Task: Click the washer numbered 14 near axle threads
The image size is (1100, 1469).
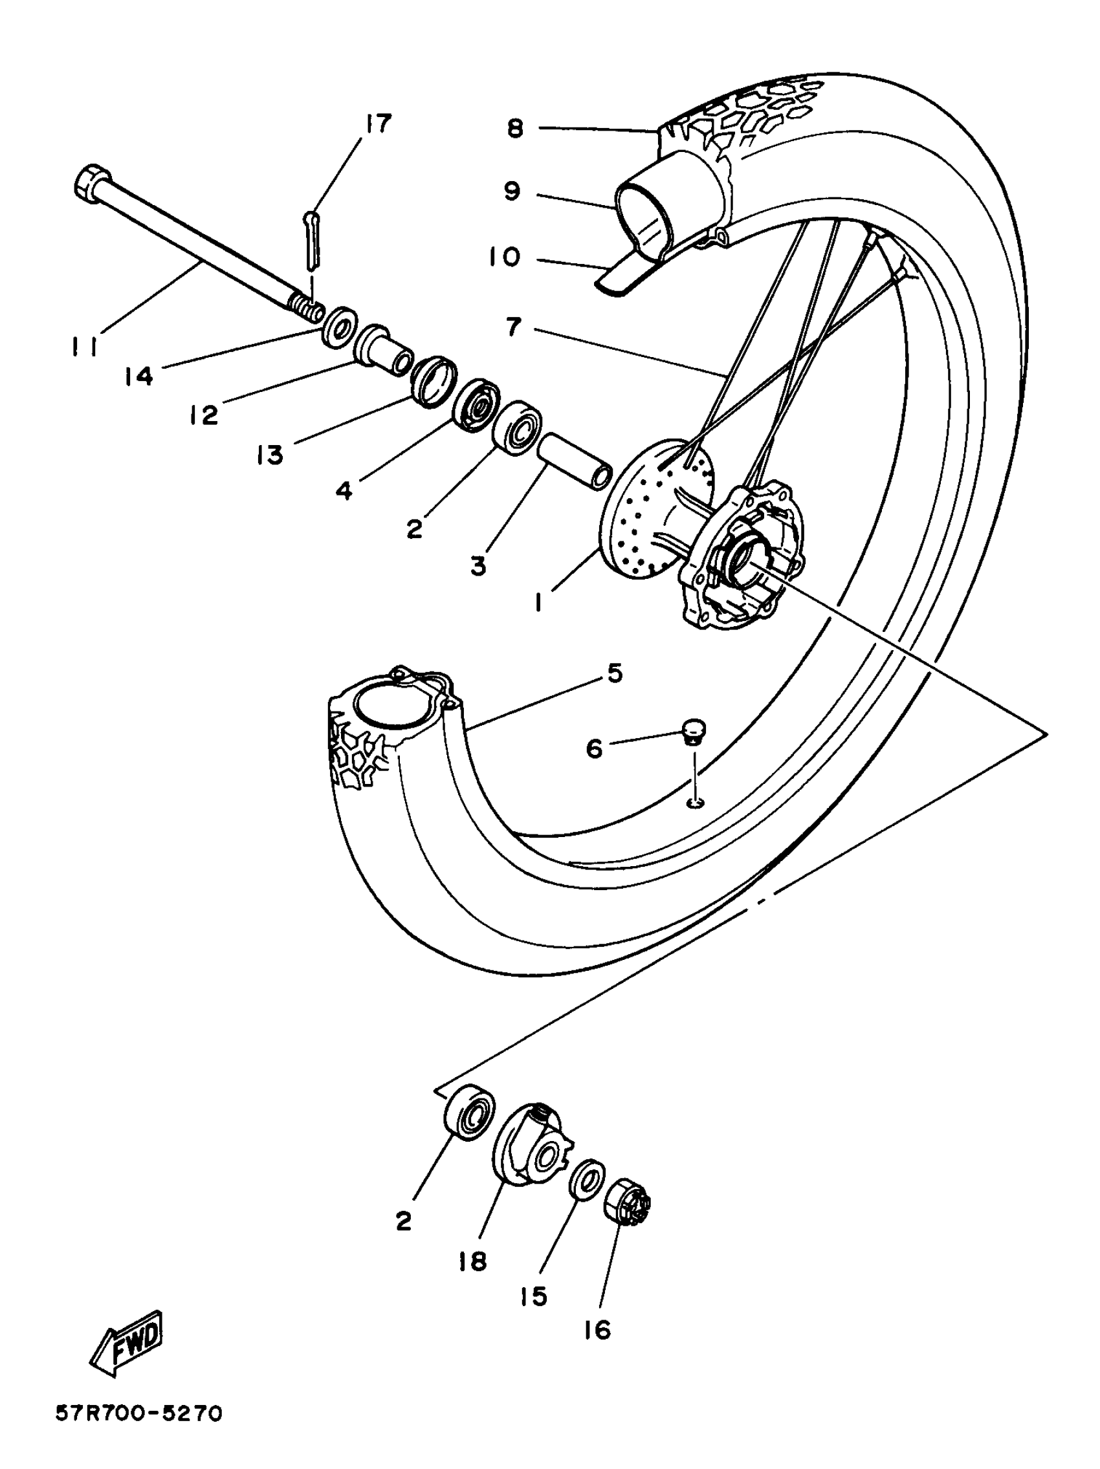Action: click(338, 325)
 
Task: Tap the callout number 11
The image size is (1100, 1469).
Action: click(85, 346)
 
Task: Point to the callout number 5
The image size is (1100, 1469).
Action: click(615, 673)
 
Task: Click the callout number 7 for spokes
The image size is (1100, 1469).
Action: click(514, 327)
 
